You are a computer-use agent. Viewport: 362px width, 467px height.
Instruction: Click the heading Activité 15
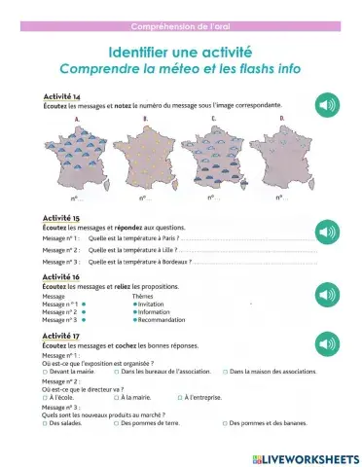[x=62, y=218]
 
